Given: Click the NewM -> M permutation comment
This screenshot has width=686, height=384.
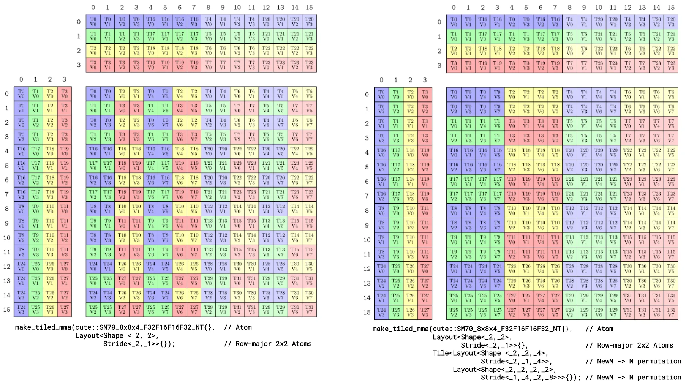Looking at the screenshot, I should coord(633,361).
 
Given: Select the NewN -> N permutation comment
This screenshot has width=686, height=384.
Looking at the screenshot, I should coord(633,377).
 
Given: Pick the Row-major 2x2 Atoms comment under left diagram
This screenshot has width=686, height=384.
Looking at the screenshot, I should coord(268,344).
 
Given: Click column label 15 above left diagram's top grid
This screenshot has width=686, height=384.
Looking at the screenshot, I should coord(309,8).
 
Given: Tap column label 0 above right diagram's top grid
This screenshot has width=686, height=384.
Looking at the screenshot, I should coord(454,8).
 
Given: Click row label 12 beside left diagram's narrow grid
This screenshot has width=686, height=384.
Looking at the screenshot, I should coord(7,266).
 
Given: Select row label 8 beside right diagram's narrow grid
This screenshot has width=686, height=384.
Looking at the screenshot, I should coord(367,210).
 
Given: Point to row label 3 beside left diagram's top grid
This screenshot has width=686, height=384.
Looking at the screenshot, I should coord(79,65).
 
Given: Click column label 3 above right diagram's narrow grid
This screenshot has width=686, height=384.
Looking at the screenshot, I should coord(425,80).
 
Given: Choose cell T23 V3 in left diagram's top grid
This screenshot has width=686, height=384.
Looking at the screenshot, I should coord(309,65).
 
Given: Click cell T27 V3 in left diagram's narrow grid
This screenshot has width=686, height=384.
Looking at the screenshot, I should coord(65,310).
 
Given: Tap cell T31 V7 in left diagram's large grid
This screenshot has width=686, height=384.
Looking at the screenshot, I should coord(309,310).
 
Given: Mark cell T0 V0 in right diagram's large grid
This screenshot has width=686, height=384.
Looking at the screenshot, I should coord(454,94).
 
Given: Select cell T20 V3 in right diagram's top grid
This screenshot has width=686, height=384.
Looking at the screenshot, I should coord(671,22).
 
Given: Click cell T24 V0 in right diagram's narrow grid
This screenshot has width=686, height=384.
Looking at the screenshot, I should coord(381,269).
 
